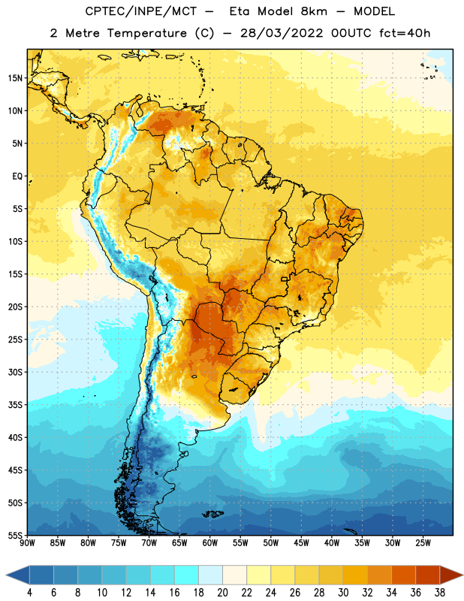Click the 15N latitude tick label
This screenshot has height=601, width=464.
(x=15, y=78)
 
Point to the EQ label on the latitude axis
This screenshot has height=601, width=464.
(x=17, y=177)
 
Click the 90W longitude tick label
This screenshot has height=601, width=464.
(x=27, y=543)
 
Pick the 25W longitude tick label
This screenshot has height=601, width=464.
(x=423, y=543)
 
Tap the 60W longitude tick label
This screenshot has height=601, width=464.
(x=210, y=543)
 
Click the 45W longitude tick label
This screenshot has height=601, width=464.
(x=301, y=543)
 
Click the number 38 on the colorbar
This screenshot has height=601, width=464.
(x=439, y=593)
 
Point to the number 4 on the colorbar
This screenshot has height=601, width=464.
(x=29, y=593)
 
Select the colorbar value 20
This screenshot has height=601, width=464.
(x=222, y=593)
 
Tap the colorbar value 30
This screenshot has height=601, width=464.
(x=343, y=593)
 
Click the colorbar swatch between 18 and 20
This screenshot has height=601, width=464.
(x=211, y=575)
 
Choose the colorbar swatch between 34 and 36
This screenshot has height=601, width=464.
(x=403, y=575)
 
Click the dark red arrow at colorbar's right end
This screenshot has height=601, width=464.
(x=450, y=575)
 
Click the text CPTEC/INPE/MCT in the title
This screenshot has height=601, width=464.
(x=140, y=11)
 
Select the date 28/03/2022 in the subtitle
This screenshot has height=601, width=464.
(x=282, y=33)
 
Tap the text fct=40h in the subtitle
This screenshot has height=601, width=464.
(x=405, y=33)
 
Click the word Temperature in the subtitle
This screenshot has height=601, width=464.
(x=146, y=33)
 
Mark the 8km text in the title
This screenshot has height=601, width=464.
(x=314, y=11)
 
